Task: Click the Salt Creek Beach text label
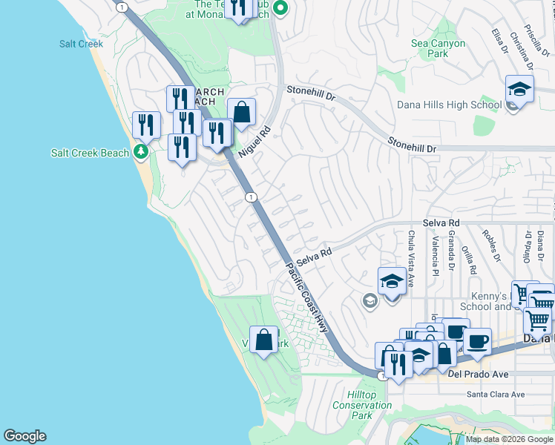[90, 153]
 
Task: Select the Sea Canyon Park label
[439, 48]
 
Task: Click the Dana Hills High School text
[449, 105]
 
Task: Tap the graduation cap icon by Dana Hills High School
[520, 90]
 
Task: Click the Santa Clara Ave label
[496, 395]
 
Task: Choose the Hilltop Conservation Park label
[361, 405]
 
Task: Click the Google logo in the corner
[24, 436]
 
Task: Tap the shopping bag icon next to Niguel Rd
[241, 113]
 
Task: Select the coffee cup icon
[477, 342]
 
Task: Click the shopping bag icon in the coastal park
[263, 340]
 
